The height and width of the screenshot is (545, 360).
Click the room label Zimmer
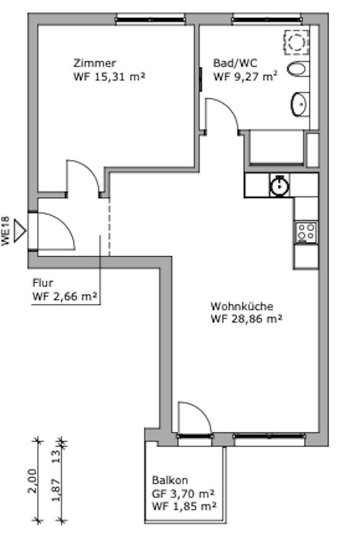95,63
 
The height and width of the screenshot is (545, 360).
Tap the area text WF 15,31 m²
109,77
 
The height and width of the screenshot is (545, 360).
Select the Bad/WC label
235,63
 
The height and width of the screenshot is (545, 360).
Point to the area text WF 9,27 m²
246,76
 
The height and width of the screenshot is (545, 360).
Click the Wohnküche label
242,306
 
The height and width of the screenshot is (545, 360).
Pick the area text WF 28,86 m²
246,319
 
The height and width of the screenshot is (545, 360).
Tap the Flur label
43,283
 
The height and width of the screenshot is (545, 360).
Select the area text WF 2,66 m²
64,296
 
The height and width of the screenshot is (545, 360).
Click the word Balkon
170,480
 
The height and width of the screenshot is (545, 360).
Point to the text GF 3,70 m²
182,494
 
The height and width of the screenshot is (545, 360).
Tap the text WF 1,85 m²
184,506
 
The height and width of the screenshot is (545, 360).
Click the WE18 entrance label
6,232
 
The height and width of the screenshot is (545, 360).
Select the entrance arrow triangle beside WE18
19,231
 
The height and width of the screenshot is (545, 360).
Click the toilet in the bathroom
298,69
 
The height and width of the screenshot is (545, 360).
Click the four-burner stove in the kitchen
306,233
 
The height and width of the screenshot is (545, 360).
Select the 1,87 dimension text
56,490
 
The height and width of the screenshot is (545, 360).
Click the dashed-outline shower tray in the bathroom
296,42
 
